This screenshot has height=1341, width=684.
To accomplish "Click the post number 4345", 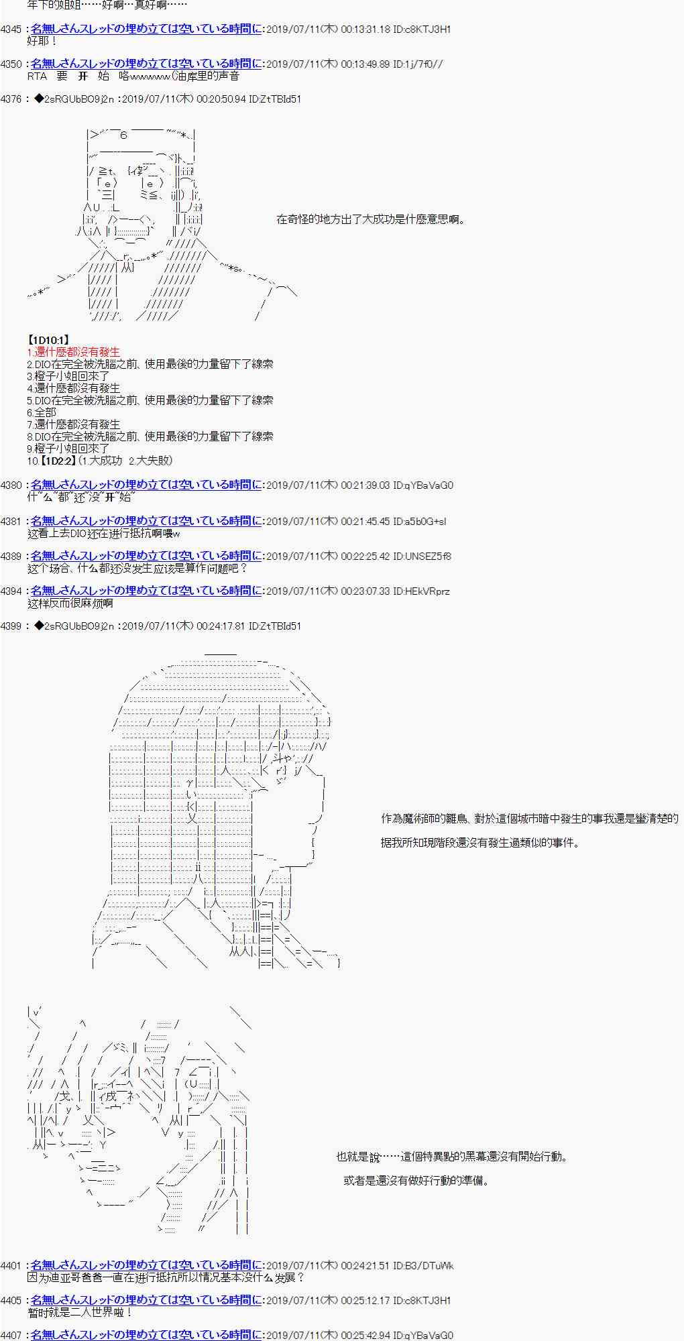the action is point(12,30).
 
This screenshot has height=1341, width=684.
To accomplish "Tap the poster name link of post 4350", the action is point(146,64).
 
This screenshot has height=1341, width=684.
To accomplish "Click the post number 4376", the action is point(12,99).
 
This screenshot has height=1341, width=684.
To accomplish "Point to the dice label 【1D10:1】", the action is point(48,341).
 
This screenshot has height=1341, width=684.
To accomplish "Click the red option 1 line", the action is point(74,352).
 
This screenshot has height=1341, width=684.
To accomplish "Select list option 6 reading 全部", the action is point(42,412).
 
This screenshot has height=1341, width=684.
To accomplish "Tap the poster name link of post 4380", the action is point(146,485).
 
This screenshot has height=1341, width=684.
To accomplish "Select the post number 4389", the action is point(12,557).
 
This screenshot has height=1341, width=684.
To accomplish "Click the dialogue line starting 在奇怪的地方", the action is point(371,219).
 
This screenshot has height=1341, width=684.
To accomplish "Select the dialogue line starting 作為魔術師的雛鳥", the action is point(529,819).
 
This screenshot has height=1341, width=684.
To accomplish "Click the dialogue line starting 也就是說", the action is point(452,1157).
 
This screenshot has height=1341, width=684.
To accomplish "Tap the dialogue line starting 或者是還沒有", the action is point(416,1181).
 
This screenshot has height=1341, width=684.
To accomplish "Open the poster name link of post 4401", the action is point(146,1265).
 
